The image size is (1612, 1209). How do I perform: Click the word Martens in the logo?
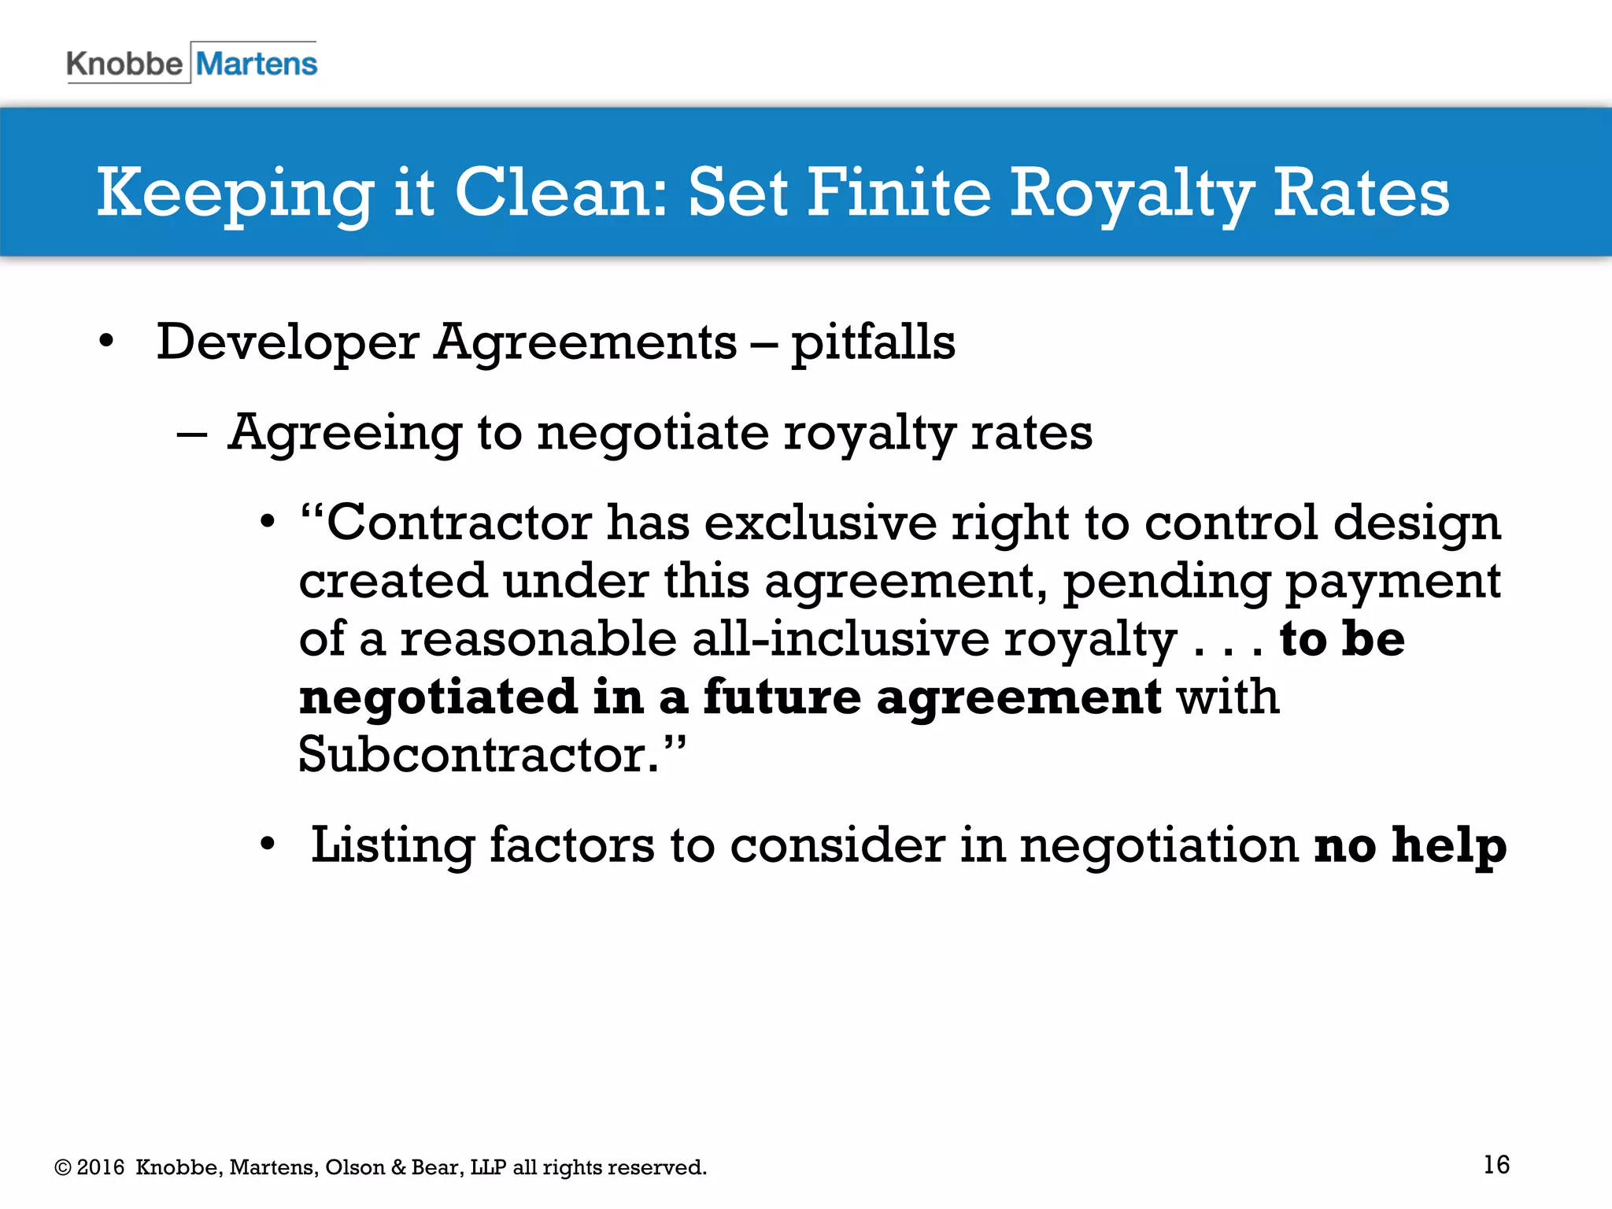(257, 64)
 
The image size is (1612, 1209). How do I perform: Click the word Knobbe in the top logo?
(124, 64)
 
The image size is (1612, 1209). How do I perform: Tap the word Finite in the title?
(898, 192)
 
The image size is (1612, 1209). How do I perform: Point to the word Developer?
(287, 343)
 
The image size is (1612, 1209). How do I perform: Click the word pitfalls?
(873, 343)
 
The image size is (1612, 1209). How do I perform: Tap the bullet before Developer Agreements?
(106, 342)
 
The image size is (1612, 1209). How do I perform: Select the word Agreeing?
(345, 434)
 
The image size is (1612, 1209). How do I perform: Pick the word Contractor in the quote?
(459, 522)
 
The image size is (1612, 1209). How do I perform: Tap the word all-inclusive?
(841, 638)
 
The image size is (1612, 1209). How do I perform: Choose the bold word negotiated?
(438, 697)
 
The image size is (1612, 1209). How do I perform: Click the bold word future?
(782, 697)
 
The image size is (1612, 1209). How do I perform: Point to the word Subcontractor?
(479, 754)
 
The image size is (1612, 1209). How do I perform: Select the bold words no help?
(1410, 845)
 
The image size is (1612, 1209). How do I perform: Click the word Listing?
(392, 845)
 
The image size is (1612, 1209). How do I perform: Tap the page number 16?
(1496, 1164)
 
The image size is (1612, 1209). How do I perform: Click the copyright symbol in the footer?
(62, 1167)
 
